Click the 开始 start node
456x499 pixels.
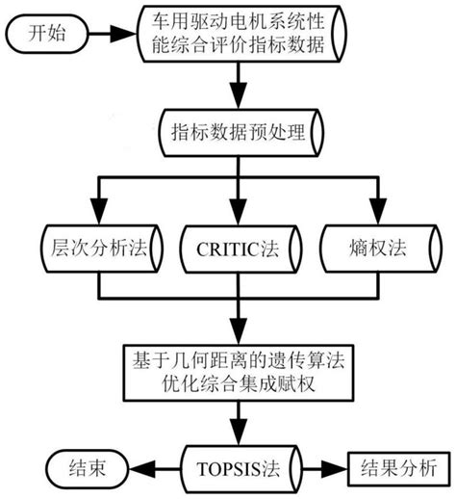coord(49,34)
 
